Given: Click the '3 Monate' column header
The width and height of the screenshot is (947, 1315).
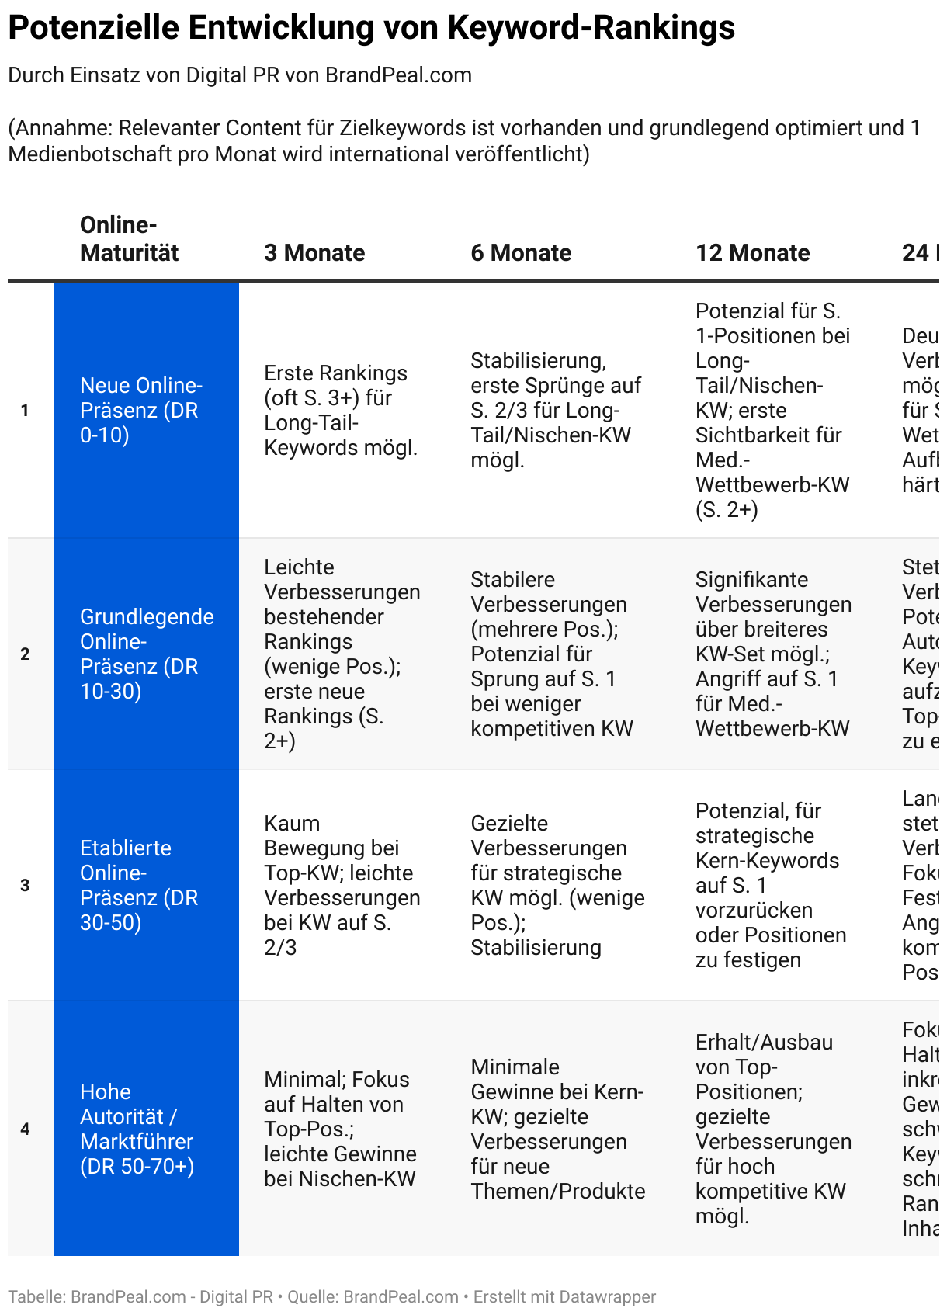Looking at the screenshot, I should (x=314, y=253).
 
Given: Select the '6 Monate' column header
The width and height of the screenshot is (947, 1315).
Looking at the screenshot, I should (x=521, y=253).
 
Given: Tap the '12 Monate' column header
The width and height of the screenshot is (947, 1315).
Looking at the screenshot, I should (x=752, y=253).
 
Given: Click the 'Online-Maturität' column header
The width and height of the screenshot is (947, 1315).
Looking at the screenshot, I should (x=130, y=239).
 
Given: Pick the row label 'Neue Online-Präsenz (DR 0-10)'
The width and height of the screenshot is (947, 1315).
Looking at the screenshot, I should (x=140, y=410).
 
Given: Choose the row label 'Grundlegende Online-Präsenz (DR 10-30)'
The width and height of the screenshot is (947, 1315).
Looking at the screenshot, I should (x=147, y=654).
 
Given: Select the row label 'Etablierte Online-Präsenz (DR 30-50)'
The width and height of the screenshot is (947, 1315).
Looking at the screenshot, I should (x=139, y=885).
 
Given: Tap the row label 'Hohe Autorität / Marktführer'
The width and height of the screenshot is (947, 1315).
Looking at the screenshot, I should (x=137, y=1129).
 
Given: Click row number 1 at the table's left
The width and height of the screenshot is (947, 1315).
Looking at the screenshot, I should (x=25, y=411).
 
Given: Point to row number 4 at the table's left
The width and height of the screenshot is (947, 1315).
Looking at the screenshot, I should (x=25, y=1129).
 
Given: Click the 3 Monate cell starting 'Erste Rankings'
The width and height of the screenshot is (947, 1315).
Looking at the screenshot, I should (x=341, y=410).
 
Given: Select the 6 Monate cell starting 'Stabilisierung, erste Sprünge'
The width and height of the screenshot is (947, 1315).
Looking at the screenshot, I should (x=556, y=410).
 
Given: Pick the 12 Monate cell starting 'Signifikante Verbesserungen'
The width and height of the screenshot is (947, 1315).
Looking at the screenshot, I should (x=773, y=654).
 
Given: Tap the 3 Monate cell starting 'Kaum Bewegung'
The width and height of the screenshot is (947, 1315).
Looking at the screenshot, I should (x=342, y=885).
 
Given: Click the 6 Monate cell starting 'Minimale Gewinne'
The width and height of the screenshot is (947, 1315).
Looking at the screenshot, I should (x=557, y=1129).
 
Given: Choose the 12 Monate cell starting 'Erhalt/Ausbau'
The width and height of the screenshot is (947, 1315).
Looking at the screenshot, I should (x=773, y=1129).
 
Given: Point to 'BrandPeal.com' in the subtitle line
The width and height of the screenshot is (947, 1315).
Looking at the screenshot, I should (x=398, y=75).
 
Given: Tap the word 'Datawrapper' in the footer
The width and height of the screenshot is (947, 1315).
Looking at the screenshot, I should (x=608, y=1297).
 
